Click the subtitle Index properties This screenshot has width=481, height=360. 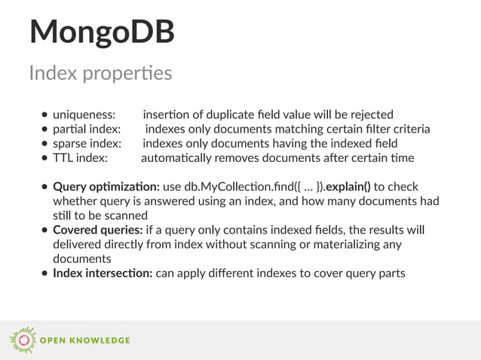pyautogui.click(x=100, y=73)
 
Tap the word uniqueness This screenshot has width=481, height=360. pyautogui.click(x=84, y=114)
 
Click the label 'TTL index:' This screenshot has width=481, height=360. pyautogui.click(x=80, y=157)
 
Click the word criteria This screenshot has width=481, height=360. pyautogui.click(x=408, y=129)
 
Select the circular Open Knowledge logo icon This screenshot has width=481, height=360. pyautogui.click(x=23, y=340)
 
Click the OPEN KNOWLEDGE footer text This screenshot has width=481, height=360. pyautogui.click(x=85, y=340)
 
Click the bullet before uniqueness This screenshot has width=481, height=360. pyautogui.click(x=45, y=115)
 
